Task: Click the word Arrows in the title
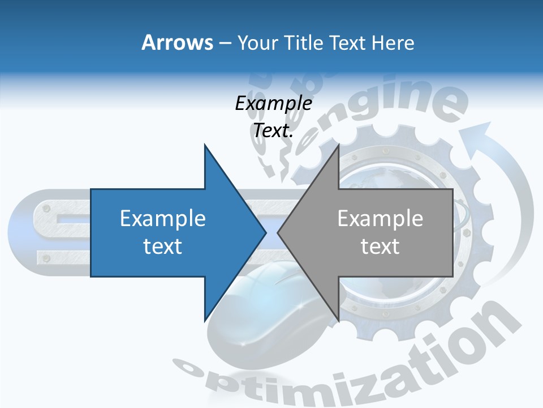[x=176, y=42]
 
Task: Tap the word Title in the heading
[x=304, y=42]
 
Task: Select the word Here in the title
[x=393, y=42]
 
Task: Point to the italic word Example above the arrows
[x=273, y=103]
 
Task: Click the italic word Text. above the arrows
[x=273, y=130]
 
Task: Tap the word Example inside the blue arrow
[x=163, y=219]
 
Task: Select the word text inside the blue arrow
[x=163, y=246]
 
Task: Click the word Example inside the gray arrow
[x=380, y=219]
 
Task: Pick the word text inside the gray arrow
[x=380, y=246]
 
